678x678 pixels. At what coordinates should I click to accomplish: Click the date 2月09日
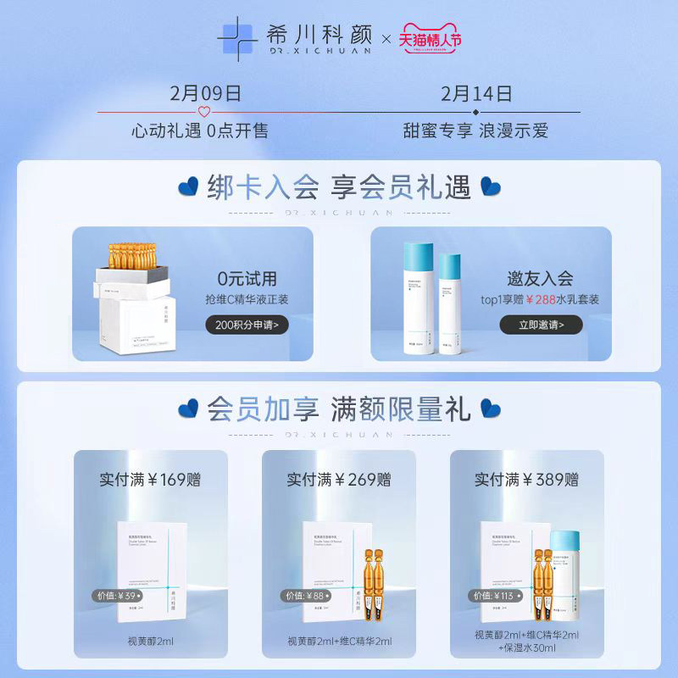tap(205, 92)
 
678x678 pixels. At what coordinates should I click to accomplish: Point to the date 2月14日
tap(476, 92)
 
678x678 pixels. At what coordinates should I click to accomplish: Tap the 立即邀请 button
tap(541, 325)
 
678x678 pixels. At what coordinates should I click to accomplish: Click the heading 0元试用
tap(247, 279)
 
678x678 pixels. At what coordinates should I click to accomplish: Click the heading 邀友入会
tap(541, 278)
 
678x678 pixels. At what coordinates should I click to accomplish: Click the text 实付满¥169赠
tap(150, 480)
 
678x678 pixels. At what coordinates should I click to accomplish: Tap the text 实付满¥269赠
tap(338, 480)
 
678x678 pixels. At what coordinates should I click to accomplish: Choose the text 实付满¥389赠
tap(526, 480)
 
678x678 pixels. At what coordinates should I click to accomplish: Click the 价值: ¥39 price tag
tap(117, 596)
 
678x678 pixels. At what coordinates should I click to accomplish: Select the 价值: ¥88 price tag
tap(306, 596)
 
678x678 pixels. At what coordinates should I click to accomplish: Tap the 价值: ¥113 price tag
tap(495, 596)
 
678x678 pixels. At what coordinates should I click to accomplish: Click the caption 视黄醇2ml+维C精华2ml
tap(338, 641)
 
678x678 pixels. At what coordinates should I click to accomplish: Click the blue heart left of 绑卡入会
tap(189, 186)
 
